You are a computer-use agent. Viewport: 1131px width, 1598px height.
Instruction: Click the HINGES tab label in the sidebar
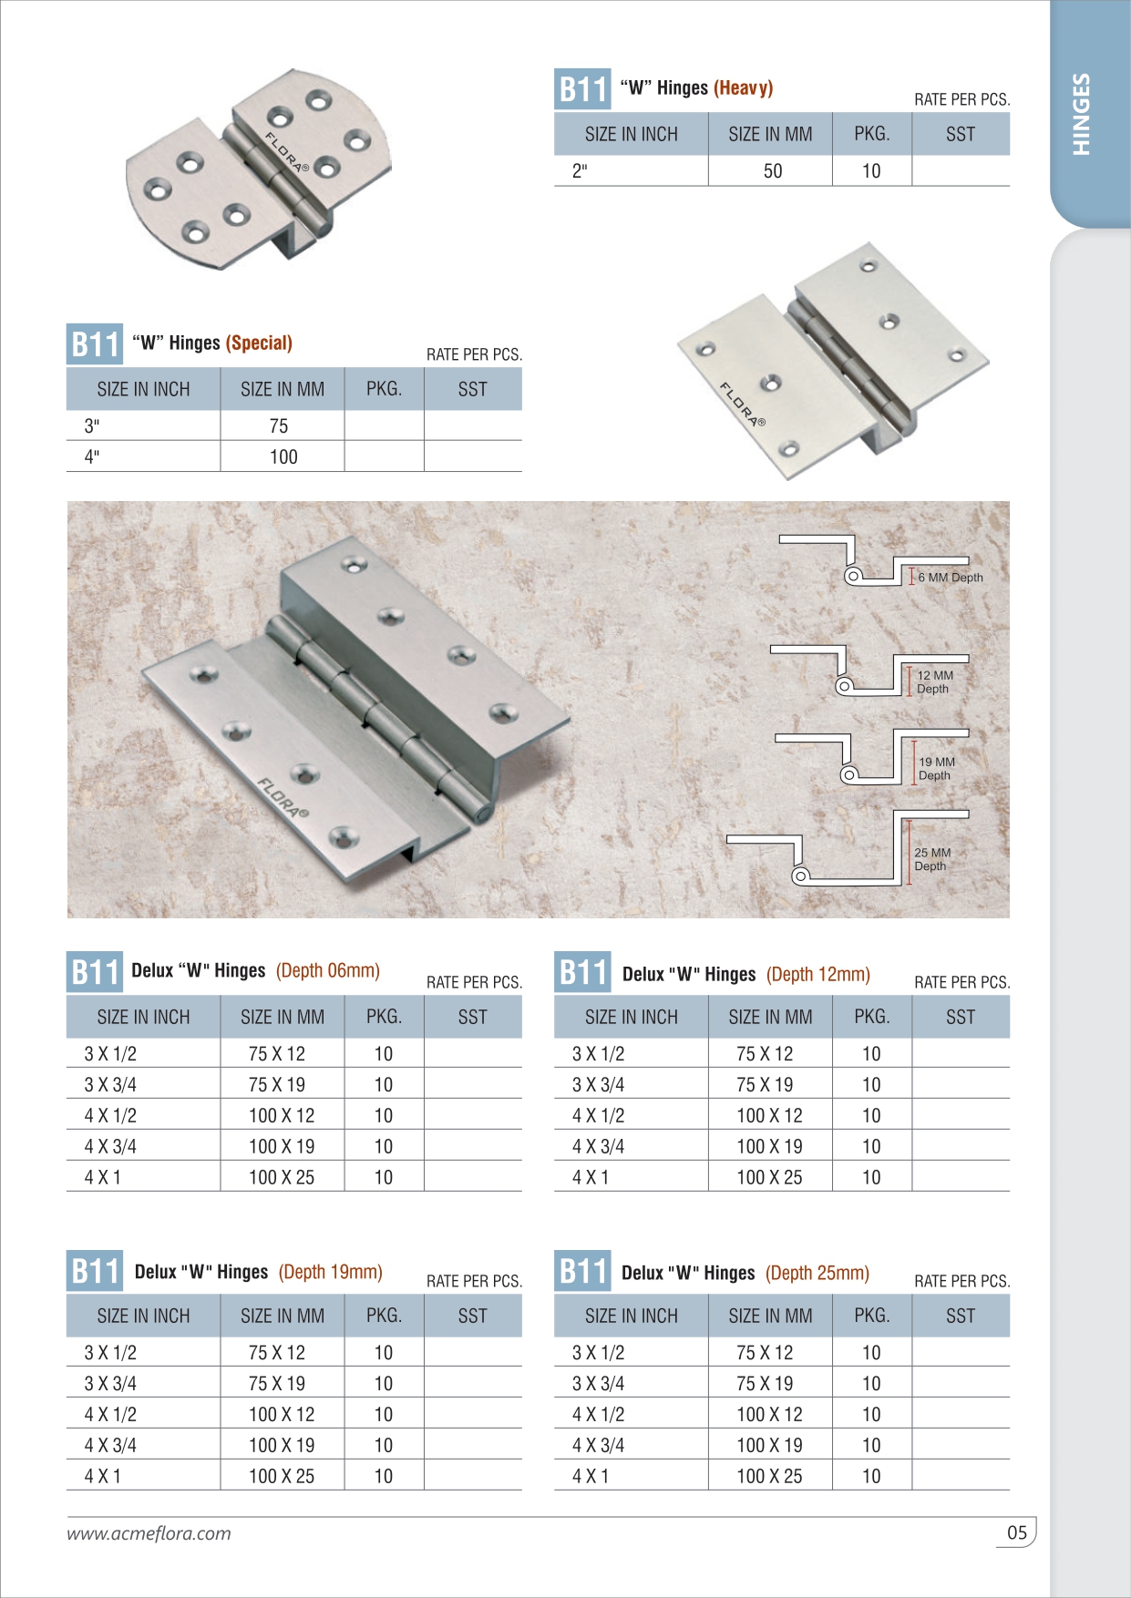[1081, 114]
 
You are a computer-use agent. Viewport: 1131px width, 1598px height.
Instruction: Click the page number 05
[1016, 1532]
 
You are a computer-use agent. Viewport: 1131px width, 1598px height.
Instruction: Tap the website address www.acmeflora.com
[149, 1533]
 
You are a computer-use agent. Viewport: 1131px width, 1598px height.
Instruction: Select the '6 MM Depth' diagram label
[951, 578]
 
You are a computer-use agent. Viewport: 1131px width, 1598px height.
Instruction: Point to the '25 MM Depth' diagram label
[932, 859]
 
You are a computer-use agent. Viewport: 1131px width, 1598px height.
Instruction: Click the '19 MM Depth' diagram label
[936, 768]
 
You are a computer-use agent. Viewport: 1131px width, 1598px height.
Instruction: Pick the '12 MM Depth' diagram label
[934, 681]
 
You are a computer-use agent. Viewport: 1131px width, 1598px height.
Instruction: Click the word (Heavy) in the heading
[743, 88]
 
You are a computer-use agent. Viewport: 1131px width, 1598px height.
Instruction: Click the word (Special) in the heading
[259, 343]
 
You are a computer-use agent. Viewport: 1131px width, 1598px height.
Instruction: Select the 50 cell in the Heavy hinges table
[772, 171]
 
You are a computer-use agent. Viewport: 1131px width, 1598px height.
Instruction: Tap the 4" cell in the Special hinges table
[92, 456]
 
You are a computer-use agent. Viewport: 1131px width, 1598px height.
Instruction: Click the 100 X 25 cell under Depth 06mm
[282, 1177]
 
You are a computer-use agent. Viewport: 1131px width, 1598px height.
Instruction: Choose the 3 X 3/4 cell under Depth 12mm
[598, 1084]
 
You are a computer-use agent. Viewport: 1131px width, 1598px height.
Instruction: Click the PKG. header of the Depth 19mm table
[384, 1316]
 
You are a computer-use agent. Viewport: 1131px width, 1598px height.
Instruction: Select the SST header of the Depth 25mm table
[960, 1316]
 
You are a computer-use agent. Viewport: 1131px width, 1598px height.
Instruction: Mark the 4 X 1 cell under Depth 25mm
[590, 1476]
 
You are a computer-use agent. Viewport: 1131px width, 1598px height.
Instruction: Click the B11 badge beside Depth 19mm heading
[95, 1271]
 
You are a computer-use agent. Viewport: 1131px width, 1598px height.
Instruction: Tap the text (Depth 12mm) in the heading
[817, 974]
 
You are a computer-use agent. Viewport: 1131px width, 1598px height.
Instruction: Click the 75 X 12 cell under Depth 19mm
[277, 1352]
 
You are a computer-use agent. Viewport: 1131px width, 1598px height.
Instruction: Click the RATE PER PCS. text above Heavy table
[961, 99]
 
